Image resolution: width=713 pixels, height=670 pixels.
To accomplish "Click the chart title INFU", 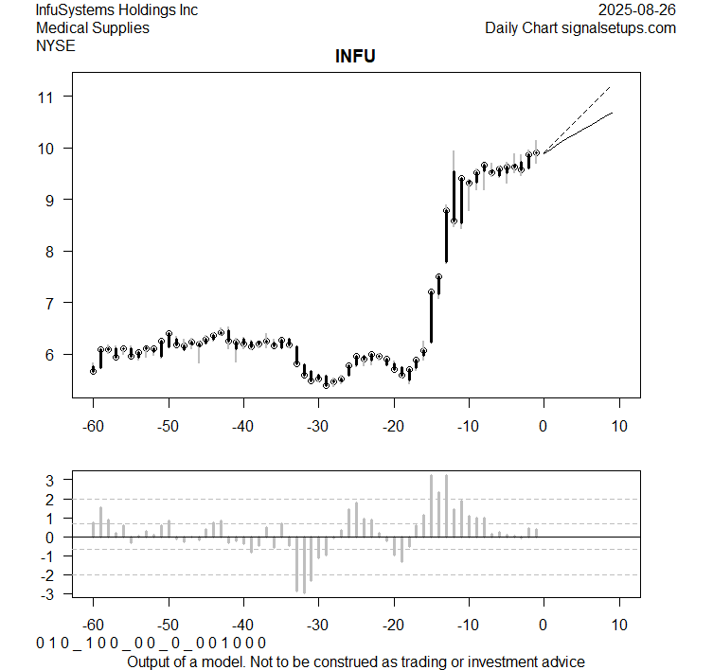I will (355, 57).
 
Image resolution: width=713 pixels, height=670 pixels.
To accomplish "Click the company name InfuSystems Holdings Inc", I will (116, 10).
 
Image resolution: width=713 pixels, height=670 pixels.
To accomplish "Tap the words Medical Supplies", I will (92, 27).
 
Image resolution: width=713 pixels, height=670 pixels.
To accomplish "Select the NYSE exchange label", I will (55, 44).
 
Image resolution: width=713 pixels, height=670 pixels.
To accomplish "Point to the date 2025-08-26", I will (637, 10).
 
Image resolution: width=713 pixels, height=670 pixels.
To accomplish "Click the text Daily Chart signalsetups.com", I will (580, 27).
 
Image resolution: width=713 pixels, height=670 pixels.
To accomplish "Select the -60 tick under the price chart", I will (93, 426).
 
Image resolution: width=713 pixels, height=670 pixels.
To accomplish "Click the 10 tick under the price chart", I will (618, 426).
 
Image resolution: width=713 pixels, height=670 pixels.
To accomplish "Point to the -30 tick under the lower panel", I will (317, 626).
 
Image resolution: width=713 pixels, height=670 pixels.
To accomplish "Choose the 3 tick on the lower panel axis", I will (52, 480).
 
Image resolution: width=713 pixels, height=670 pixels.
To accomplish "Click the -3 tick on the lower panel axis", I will (49, 593).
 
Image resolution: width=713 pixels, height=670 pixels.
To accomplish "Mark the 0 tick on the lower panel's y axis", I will (52, 537).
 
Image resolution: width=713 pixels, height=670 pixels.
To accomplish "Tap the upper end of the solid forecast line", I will (613, 113).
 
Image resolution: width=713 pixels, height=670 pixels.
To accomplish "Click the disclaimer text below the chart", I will (355, 661).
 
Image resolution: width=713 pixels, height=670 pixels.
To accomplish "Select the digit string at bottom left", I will (152, 643).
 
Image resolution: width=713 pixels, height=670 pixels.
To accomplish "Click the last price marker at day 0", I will (537, 152).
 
